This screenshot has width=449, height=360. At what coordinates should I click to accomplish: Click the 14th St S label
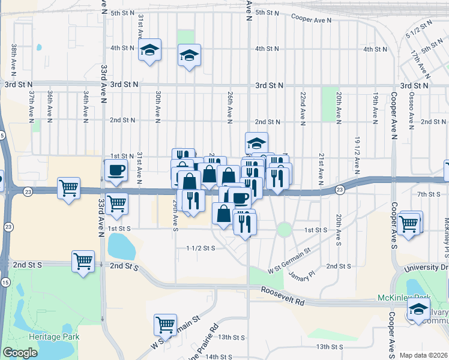(x=219, y=356)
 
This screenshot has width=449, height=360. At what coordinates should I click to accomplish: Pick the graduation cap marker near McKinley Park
(x=418, y=309)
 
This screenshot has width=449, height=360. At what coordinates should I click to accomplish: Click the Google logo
(x=20, y=353)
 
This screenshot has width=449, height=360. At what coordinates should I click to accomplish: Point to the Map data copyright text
(x=423, y=355)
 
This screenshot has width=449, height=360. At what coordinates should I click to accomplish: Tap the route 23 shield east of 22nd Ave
(x=340, y=190)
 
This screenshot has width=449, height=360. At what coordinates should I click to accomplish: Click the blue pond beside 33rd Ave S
(x=122, y=245)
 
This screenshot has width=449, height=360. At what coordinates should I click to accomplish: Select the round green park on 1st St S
(x=284, y=230)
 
